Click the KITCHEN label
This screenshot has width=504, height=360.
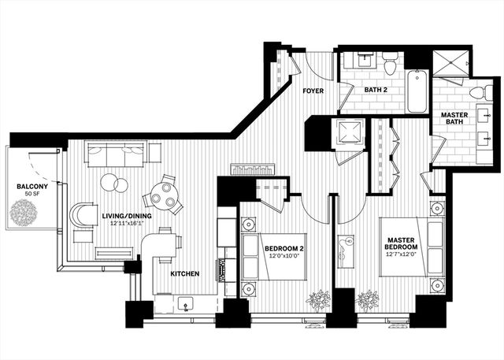(184, 274)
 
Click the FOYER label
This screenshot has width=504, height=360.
(315, 91)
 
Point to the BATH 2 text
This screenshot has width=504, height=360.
(376, 90)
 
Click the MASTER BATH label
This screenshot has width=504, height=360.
(454, 119)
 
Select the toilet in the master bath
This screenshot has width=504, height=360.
(478, 93)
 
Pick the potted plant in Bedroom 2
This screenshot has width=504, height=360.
(318, 300)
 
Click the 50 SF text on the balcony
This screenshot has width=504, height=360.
(31, 194)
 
